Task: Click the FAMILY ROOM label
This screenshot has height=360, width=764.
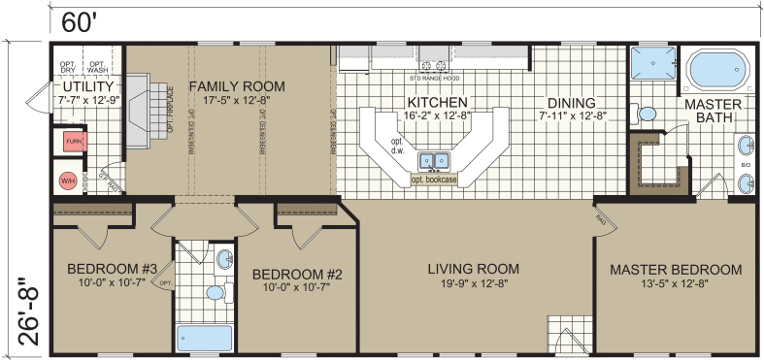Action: tap(230, 84)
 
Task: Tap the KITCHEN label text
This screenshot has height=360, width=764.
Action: tap(437, 102)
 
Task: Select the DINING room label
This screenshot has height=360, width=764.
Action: tap(571, 102)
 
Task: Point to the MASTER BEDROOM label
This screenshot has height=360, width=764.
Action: tap(676, 269)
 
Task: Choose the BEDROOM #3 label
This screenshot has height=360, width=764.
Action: tap(112, 269)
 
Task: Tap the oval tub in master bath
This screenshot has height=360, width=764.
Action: tap(718, 71)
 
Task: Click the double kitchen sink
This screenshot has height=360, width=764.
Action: tap(433, 159)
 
